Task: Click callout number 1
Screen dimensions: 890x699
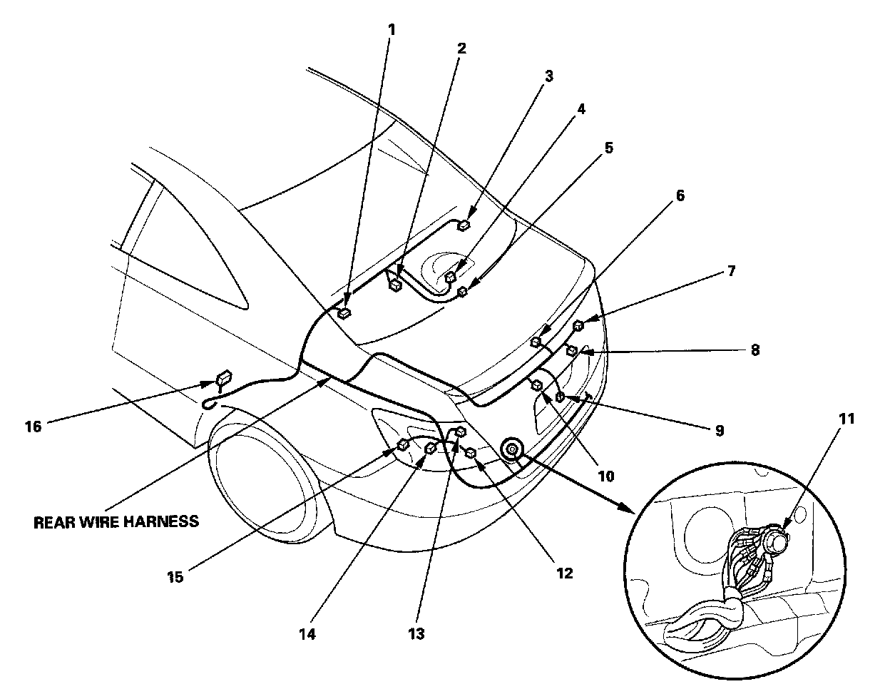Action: tap(392, 30)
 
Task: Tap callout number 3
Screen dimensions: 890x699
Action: tap(549, 76)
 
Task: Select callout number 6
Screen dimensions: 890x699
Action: tap(680, 195)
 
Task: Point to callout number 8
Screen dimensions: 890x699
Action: tap(755, 350)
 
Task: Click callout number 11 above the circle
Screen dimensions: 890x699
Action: tap(846, 419)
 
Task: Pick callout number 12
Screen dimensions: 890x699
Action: tap(564, 573)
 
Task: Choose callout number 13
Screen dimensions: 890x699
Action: tap(416, 634)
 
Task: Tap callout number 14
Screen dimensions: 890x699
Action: tap(307, 634)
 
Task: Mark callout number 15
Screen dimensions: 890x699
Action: tap(175, 577)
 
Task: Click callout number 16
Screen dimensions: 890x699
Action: tap(34, 427)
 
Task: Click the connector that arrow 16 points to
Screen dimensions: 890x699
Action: tap(224, 377)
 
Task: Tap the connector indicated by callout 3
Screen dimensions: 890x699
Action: tap(464, 225)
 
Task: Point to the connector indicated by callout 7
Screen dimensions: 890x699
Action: tap(578, 325)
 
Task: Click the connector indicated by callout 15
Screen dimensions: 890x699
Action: tap(403, 444)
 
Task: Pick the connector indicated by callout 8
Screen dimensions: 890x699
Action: tap(572, 351)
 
